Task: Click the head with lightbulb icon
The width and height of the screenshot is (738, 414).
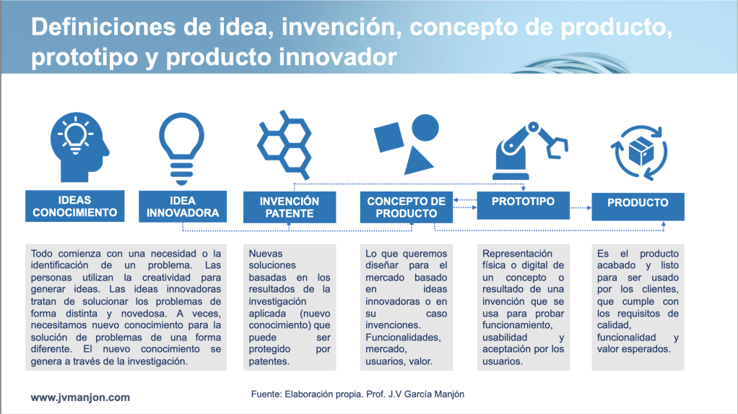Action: click(x=79, y=147)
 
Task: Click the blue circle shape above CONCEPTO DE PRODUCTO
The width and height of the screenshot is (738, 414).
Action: click(x=425, y=128)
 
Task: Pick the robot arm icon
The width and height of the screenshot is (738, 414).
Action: click(x=530, y=151)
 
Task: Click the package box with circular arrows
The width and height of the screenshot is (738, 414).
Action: click(x=638, y=152)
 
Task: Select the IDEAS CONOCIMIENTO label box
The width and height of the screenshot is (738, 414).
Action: click(x=75, y=206)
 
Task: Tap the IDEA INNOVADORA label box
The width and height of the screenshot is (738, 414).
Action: click(x=183, y=207)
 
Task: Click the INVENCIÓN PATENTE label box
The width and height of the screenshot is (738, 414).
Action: click(x=290, y=207)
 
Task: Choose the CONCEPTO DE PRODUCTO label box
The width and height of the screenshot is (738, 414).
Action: click(x=406, y=207)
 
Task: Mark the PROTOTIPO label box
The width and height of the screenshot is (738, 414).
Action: click(x=523, y=205)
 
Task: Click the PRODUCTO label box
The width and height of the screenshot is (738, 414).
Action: click(x=638, y=207)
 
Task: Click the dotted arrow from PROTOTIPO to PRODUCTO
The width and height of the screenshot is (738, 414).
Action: click(x=581, y=207)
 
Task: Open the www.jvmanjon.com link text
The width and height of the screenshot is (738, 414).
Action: click(x=80, y=397)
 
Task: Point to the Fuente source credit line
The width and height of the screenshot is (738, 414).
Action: click(x=357, y=394)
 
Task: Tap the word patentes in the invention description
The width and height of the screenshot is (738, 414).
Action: click(x=269, y=362)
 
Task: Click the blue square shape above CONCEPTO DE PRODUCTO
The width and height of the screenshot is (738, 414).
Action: click(x=388, y=137)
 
